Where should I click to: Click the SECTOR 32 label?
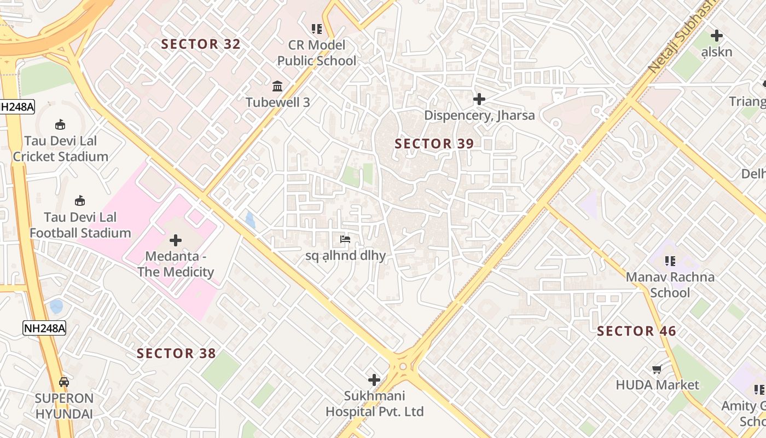coord(201,44)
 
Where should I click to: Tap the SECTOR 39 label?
coord(434,144)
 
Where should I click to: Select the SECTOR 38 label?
coord(176,354)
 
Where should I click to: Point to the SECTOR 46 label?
coord(636,331)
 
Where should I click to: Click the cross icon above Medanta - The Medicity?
coord(176,240)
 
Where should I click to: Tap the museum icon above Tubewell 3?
coord(277,87)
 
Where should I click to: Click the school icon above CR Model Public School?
coord(316,28)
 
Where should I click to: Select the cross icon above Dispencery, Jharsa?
coord(479,99)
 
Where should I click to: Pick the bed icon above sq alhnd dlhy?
coord(345,239)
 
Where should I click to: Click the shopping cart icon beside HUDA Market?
coord(657,369)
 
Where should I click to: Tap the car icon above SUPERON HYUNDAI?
coord(64,382)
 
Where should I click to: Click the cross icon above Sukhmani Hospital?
coord(374,379)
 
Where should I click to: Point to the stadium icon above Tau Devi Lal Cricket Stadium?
coord(61,125)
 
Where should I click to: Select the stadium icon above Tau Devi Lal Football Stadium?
coord(80,201)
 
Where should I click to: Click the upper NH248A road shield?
coord(16,107)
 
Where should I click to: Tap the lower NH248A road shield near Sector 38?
coord(44,328)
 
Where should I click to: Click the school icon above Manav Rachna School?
coord(670,261)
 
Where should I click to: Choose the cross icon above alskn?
coord(717,36)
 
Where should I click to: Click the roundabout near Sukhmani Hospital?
coord(403,366)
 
